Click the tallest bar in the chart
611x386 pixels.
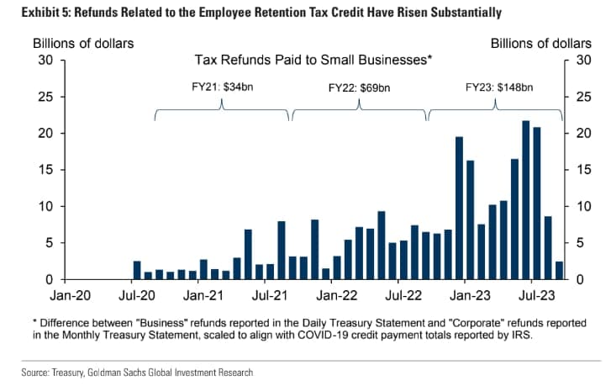[x=526, y=200]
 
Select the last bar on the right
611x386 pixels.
[x=559, y=270]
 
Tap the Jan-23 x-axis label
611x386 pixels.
[x=471, y=297]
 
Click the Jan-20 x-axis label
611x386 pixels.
[x=68, y=297]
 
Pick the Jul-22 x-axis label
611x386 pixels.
[x=403, y=297]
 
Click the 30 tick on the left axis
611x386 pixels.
[x=47, y=60]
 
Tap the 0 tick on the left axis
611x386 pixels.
[x=50, y=279]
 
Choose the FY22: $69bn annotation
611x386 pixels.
[x=359, y=87]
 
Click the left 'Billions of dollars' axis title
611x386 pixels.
[x=82, y=43]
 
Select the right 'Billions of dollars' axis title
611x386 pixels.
[x=540, y=43]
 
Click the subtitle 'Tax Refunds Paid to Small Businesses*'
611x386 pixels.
[x=313, y=61]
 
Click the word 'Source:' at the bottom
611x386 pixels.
[x=34, y=372]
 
